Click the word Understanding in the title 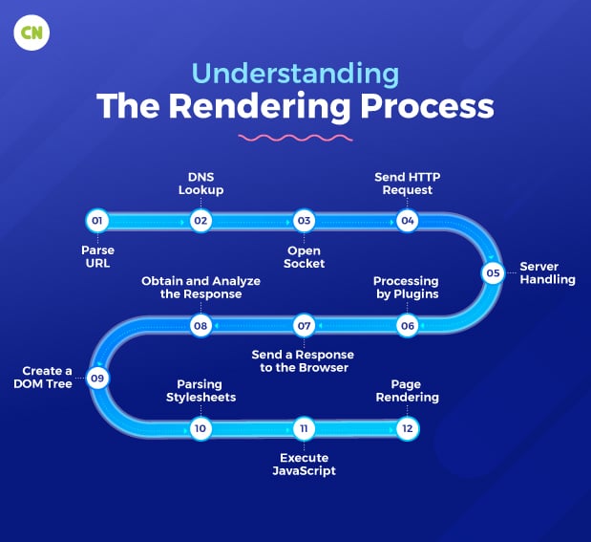[295, 75]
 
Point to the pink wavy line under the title [294, 140]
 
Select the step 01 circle [96, 221]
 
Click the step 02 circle [201, 221]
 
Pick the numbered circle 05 [493, 272]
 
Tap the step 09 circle [96, 378]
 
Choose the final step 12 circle [408, 428]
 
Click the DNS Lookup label [201, 183]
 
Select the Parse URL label [97, 257]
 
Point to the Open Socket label [305, 257]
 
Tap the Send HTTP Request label [408, 183]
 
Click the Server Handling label [547, 272]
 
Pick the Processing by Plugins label [406, 288]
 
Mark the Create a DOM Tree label [48, 378]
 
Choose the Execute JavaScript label [304, 464]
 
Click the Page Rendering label [408, 390]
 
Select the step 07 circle [304, 326]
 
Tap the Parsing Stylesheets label [201, 390]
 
